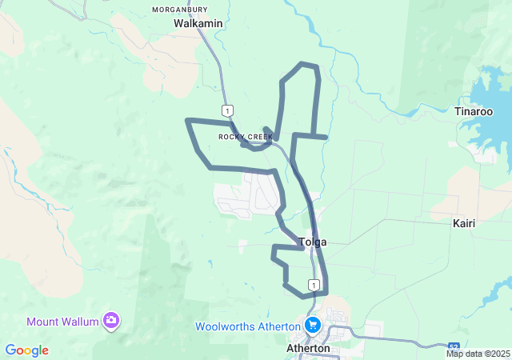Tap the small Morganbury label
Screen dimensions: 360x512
click(180, 10)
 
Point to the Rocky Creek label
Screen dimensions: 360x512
click(246, 137)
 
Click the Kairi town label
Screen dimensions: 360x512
click(463, 223)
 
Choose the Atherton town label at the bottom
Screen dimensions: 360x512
click(308, 349)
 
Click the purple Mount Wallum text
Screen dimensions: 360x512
click(62, 322)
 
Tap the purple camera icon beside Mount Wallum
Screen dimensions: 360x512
click(111, 322)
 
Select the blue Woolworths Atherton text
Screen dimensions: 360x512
click(247, 326)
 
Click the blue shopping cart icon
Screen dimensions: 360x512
click(312, 325)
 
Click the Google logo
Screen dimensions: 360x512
click(26, 350)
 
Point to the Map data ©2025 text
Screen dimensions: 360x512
click(478, 354)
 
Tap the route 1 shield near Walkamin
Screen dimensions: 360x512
click(229, 110)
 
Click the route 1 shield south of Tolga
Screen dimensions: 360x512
click(315, 285)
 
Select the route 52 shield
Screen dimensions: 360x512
click(454, 345)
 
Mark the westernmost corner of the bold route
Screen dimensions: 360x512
click(187, 121)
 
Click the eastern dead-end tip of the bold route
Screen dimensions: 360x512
click(326, 138)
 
